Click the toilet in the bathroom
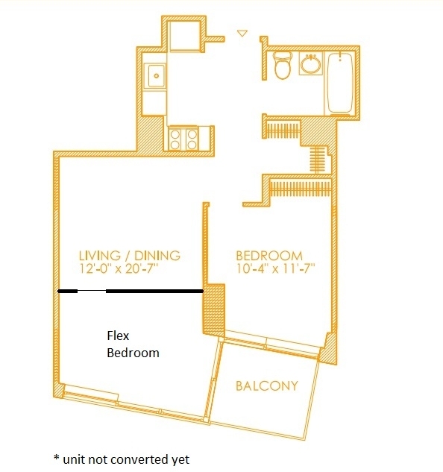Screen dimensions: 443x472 click(x=283, y=65)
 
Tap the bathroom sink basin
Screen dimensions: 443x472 click(x=312, y=64)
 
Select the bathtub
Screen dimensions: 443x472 click(x=340, y=84)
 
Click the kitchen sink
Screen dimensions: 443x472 click(x=155, y=76)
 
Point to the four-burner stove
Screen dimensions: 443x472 click(x=183, y=139)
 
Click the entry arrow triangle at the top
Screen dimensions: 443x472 click(x=242, y=33)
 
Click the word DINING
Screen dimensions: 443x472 click(x=157, y=256)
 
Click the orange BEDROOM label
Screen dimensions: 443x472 click(x=269, y=256)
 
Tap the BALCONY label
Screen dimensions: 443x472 click(x=267, y=386)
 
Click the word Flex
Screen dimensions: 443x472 click(x=118, y=336)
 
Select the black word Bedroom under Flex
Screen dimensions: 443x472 click(x=133, y=353)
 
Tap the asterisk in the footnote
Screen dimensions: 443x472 click(x=57, y=458)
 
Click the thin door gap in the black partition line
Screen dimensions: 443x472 click(x=92, y=291)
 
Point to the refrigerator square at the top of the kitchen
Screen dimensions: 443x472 click(x=185, y=36)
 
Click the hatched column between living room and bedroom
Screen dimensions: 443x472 click(x=214, y=310)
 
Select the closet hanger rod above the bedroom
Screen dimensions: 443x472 click(x=301, y=189)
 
